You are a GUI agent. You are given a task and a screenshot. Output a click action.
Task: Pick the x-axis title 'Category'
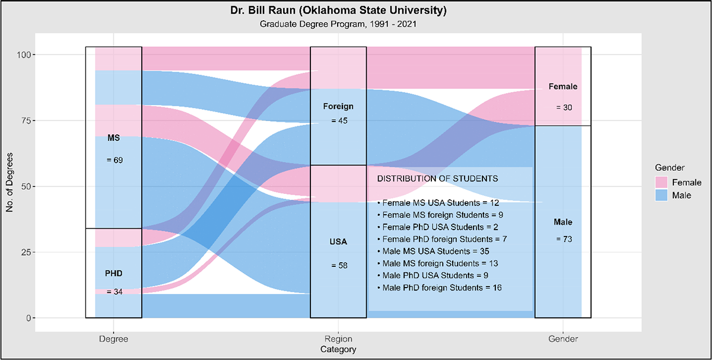point(338,349)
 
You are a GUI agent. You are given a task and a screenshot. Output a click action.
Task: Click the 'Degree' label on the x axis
point(113,339)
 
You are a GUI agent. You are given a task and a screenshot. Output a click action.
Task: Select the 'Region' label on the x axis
point(338,339)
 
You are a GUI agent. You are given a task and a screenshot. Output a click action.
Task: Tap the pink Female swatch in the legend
point(663,181)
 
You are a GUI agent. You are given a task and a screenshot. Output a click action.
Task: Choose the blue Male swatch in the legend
point(663,195)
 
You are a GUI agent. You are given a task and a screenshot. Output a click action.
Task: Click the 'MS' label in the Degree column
point(113,138)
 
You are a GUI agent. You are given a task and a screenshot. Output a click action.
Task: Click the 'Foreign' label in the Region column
point(338,107)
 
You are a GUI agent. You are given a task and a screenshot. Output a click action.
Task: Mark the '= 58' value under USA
point(339,265)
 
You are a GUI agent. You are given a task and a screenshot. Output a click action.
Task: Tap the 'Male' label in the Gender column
point(563,222)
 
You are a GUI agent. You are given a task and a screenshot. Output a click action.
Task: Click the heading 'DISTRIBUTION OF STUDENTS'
point(437,178)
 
